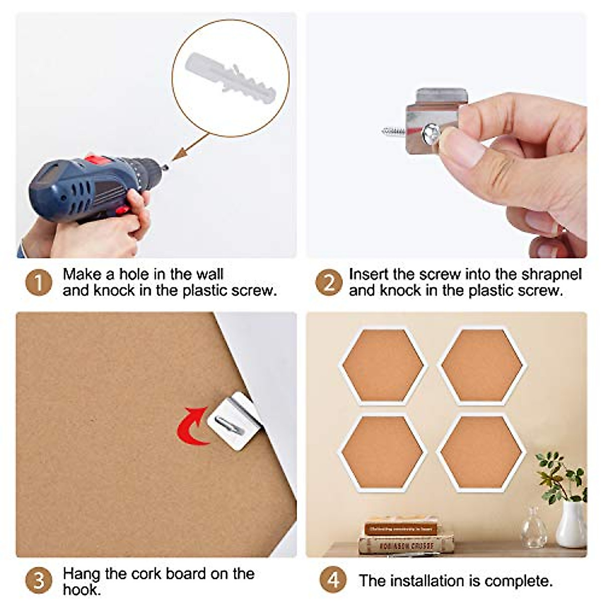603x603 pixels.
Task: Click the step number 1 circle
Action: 39,282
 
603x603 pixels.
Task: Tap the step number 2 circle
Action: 329,282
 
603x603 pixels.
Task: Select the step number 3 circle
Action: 39,581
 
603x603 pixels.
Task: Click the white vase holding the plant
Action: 571,525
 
